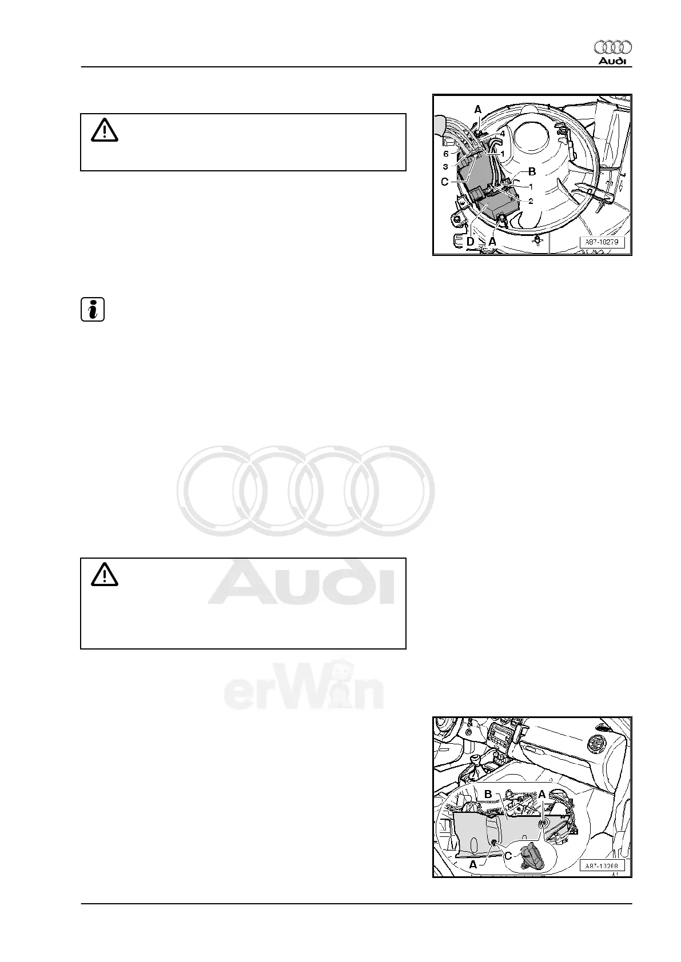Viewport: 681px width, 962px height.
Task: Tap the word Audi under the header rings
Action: tap(612, 61)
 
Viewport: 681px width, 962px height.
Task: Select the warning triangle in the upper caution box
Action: tap(104, 131)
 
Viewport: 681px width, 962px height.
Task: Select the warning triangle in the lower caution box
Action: tap(104, 574)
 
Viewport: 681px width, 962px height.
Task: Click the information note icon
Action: tap(92, 309)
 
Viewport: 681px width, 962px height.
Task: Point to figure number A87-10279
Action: tap(602, 242)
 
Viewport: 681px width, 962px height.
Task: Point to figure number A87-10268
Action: tap(602, 866)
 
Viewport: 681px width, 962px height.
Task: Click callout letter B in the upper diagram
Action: tap(531, 171)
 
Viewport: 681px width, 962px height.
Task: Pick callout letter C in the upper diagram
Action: tap(444, 182)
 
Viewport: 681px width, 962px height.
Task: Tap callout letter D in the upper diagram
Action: tap(470, 242)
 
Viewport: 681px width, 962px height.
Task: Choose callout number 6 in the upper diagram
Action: tap(446, 154)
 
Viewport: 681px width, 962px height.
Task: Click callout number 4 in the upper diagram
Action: tap(502, 133)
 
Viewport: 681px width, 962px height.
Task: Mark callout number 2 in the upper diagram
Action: tap(531, 201)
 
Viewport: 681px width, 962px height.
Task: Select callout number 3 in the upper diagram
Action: tap(445, 167)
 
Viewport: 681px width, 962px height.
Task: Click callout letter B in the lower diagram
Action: tap(488, 794)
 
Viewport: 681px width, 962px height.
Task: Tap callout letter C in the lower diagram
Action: tap(508, 856)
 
